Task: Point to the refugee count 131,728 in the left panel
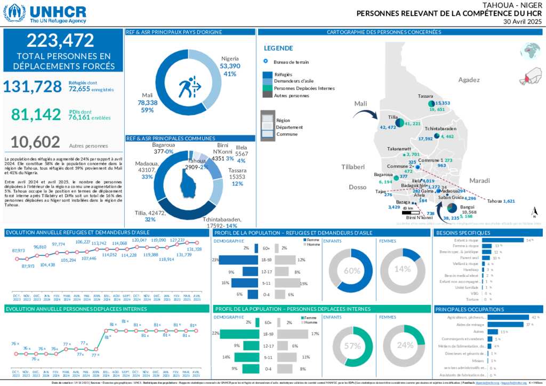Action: tap(33, 86)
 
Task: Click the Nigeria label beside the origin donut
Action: tap(230, 59)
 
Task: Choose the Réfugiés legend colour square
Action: tap(268, 75)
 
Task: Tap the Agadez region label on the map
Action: tap(469, 80)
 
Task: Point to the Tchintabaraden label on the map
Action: tap(440, 129)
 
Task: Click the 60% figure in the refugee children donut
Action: tap(351, 270)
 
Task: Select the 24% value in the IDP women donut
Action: tap(405, 345)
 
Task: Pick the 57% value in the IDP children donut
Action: tap(351, 345)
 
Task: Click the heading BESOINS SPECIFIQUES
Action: tap(463, 233)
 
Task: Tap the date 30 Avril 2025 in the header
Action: tap(523, 22)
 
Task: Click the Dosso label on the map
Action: tap(358, 187)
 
